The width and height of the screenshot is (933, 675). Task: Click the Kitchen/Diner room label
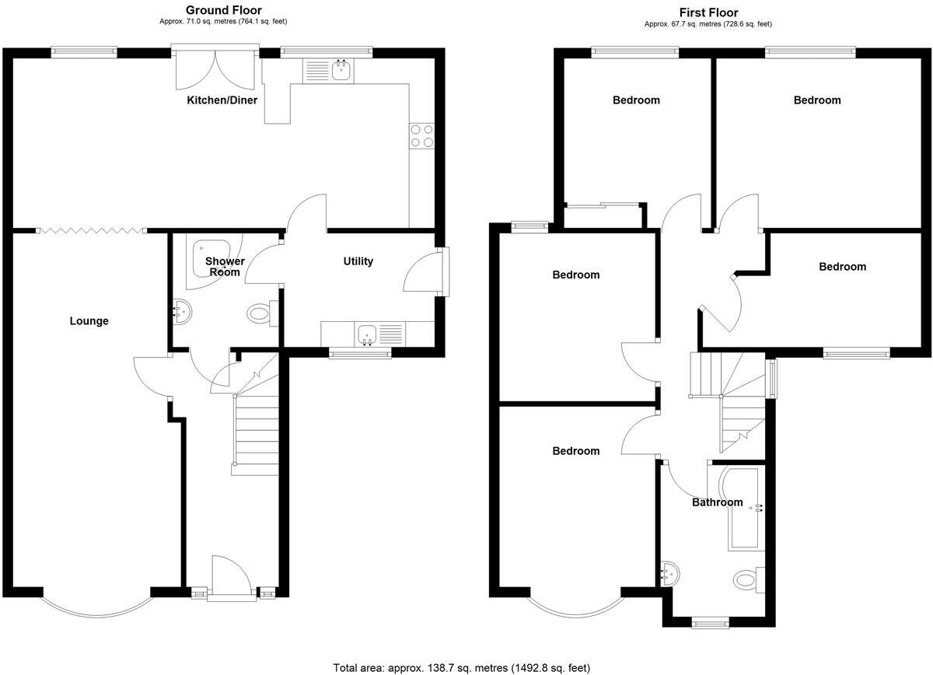click(222, 100)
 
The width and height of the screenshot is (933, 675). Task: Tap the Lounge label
click(89, 321)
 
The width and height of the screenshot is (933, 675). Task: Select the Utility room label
click(358, 261)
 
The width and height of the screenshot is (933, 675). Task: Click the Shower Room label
click(225, 266)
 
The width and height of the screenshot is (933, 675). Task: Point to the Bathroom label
click(717, 502)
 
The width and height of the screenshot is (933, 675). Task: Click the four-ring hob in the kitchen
click(421, 136)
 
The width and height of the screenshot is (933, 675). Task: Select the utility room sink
click(366, 335)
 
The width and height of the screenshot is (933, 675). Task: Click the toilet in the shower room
click(259, 314)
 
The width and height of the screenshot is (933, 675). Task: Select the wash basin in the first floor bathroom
click(670, 575)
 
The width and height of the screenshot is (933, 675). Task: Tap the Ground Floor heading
click(223, 10)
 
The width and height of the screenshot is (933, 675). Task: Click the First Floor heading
click(708, 12)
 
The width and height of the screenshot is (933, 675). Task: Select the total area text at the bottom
click(461, 667)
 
